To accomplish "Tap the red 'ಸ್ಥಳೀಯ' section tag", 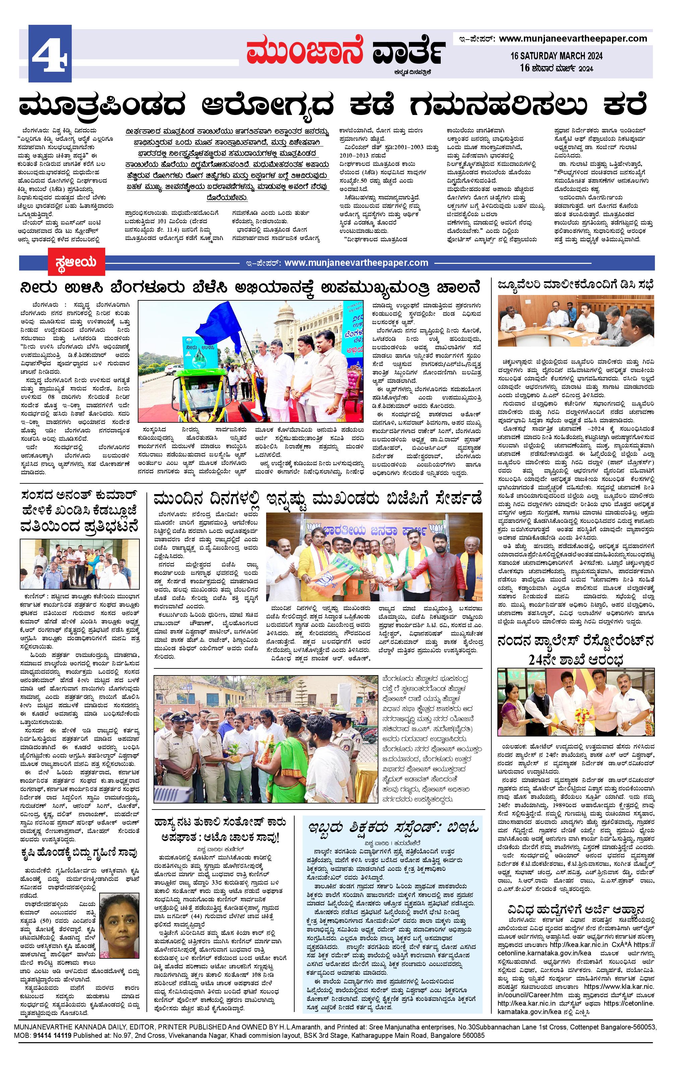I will (77, 261).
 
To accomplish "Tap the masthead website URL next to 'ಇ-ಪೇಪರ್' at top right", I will (573, 39).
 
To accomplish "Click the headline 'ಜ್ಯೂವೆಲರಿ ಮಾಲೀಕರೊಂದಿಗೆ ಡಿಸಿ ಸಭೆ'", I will (575, 285).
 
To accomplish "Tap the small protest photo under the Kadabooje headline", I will (80, 564).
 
